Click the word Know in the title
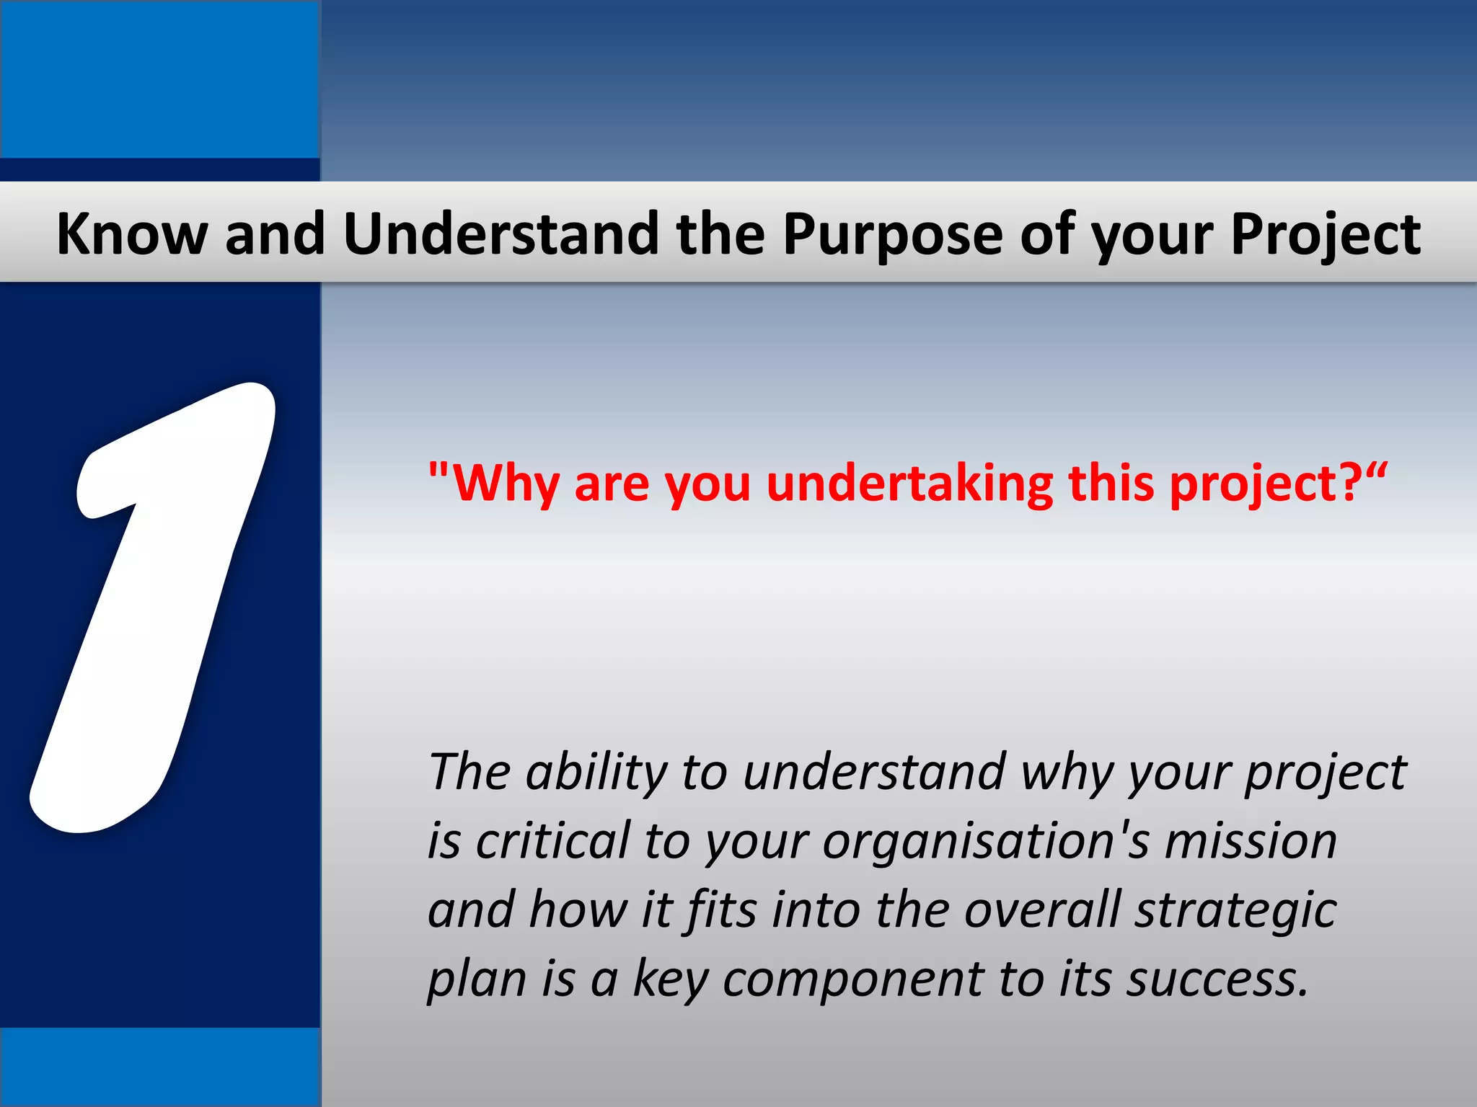(131, 234)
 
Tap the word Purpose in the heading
(892, 236)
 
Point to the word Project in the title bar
(1325, 236)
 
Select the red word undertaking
(908, 484)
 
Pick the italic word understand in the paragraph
(873, 772)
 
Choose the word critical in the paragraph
(552, 841)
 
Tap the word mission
(1251, 841)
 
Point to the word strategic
(1235, 911)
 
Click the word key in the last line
(671, 980)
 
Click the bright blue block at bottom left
(159, 1067)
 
